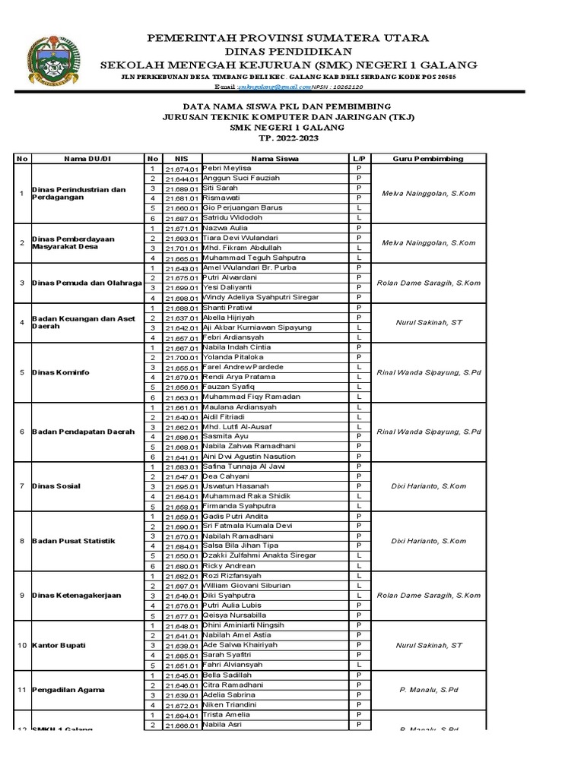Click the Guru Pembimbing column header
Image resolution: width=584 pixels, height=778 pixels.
428,158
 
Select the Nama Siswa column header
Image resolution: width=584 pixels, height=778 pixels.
275,158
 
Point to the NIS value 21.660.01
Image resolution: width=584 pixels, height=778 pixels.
181,208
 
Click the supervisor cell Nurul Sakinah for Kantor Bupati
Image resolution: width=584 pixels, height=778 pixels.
428,645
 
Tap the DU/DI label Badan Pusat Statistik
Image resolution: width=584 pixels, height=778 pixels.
73,541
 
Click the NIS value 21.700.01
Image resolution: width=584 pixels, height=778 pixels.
181,357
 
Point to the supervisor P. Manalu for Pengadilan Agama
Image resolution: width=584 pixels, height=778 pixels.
428,690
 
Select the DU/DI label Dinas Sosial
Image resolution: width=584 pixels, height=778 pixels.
57,485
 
